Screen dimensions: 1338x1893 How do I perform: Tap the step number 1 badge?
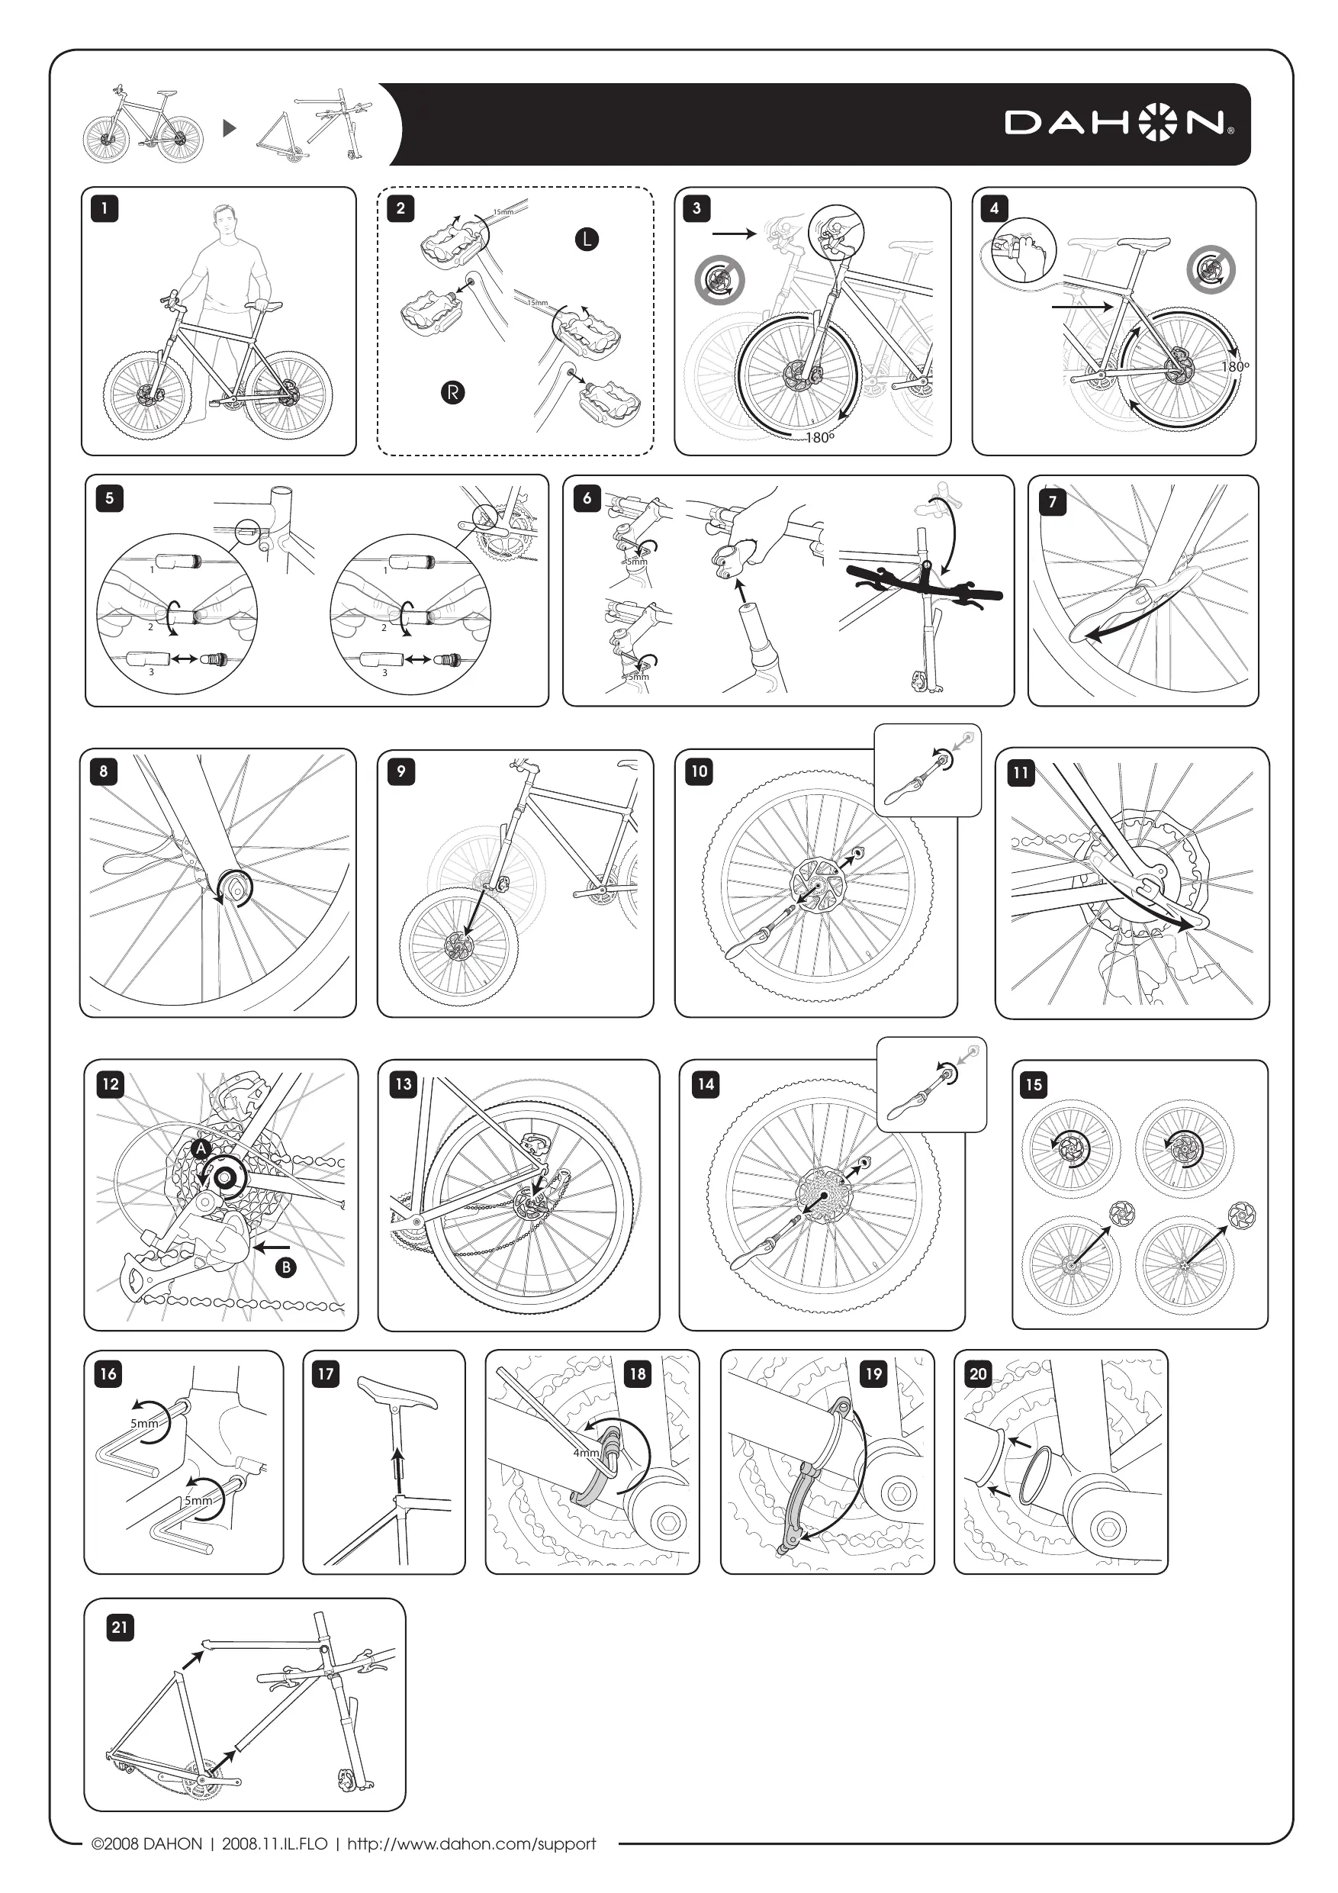pyautogui.click(x=105, y=208)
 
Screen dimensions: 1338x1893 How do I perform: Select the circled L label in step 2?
pyautogui.click(x=586, y=240)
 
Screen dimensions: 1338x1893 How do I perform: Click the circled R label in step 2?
pyautogui.click(x=452, y=392)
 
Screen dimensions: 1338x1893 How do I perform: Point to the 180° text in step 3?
pyautogui.click(x=819, y=438)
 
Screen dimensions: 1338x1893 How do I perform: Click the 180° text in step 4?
pyautogui.click(x=1234, y=367)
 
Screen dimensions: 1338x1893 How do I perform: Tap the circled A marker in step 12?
pyautogui.click(x=201, y=1148)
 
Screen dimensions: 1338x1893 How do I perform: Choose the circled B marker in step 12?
pyautogui.click(x=285, y=1267)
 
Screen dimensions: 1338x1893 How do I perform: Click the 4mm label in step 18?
pyautogui.click(x=586, y=1453)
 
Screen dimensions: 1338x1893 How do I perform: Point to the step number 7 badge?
pyautogui.click(x=1052, y=501)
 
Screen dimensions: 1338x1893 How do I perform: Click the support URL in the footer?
pyautogui.click(x=471, y=1843)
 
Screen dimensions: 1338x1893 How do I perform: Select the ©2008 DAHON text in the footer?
pyautogui.click(x=146, y=1843)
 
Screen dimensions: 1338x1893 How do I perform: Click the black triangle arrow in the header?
pyautogui.click(x=230, y=127)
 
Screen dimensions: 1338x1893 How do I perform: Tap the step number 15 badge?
pyautogui.click(x=1034, y=1084)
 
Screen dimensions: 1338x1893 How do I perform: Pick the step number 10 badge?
pyautogui.click(x=699, y=771)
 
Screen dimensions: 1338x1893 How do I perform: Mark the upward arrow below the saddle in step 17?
pyautogui.click(x=398, y=1467)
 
